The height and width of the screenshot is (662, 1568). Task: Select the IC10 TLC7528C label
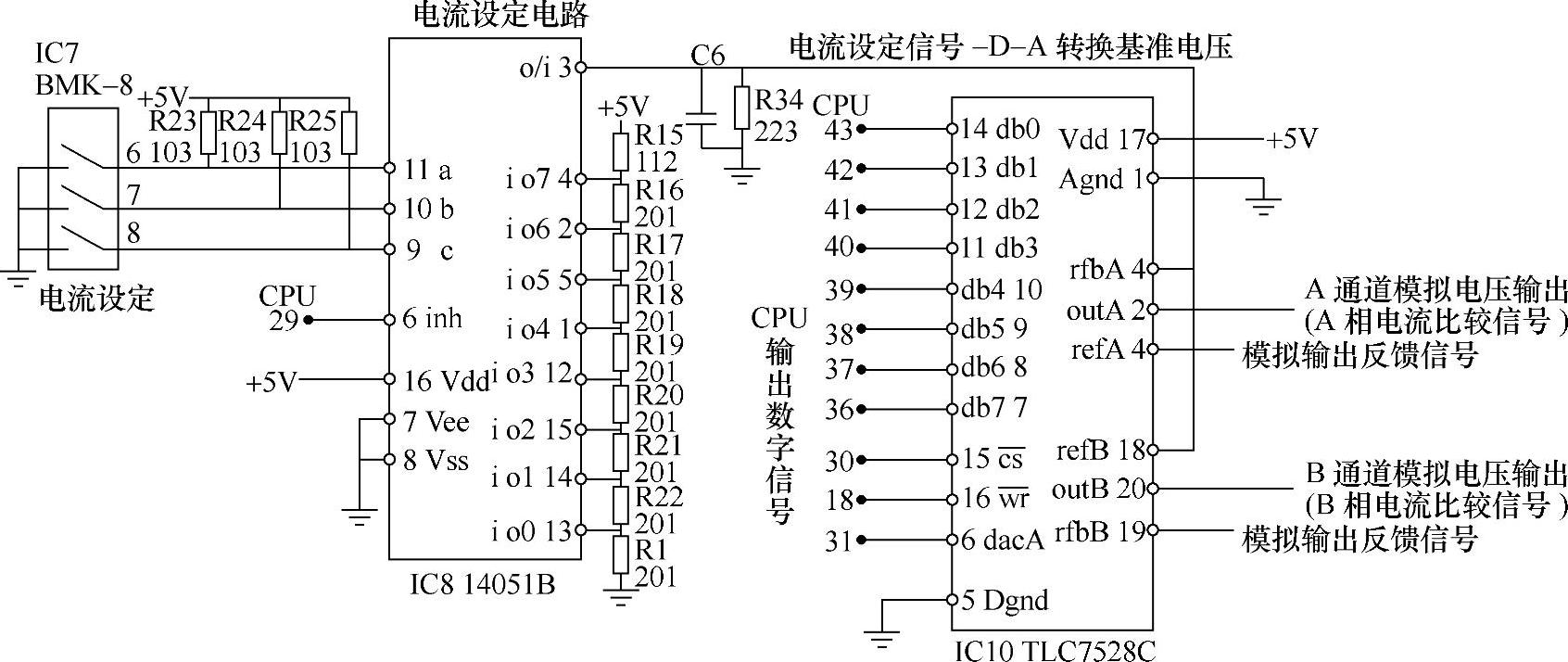pos(1055,649)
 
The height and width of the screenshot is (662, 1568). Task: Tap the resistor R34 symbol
pos(741,108)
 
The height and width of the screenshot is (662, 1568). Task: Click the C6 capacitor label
pos(707,56)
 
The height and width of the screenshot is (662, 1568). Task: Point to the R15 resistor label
pos(659,135)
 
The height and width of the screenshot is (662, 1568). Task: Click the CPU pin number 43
pos(838,130)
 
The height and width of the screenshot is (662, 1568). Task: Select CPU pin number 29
pos(284,321)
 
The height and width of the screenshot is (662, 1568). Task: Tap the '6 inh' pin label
pos(432,319)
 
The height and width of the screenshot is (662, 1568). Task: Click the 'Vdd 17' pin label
pos(1102,139)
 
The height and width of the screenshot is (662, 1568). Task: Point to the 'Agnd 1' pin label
pos(1101,178)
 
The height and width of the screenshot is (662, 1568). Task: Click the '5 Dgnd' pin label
pos(1005,600)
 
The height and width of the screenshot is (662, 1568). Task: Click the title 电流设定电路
pos(499,15)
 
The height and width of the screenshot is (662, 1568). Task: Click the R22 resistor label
pos(659,496)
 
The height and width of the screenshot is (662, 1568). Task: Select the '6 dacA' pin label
pos(1002,540)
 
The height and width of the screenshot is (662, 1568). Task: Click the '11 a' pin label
pos(428,170)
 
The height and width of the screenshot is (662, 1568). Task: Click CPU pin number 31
pos(838,540)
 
